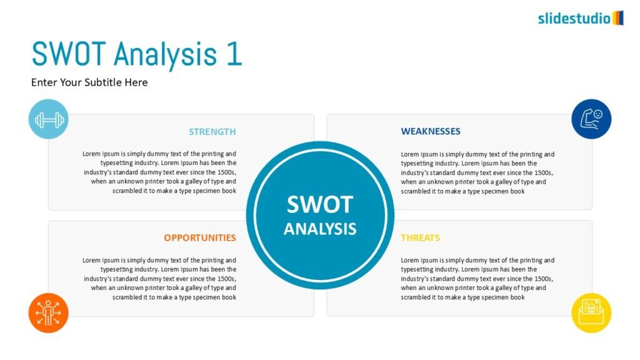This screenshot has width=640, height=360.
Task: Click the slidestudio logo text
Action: pyautogui.click(x=574, y=18)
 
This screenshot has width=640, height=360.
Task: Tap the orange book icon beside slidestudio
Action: pyautogui.click(x=618, y=18)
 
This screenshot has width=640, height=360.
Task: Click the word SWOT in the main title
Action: pyautogui.click(x=69, y=54)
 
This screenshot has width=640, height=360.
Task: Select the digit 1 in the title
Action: pyautogui.click(x=234, y=54)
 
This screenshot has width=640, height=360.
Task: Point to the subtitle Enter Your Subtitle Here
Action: pyautogui.click(x=89, y=82)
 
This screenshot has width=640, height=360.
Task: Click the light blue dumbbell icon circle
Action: pyautogui.click(x=49, y=119)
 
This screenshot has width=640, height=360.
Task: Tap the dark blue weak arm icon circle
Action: pyautogui.click(x=591, y=119)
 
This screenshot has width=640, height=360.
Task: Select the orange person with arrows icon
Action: pyautogui.click(x=49, y=313)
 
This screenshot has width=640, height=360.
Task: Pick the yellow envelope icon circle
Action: pyautogui.click(x=591, y=313)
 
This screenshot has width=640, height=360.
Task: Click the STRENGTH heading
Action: pyautogui.click(x=212, y=132)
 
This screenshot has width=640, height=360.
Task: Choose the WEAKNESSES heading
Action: pyautogui.click(x=431, y=131)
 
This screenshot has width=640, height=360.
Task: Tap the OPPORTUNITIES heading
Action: pyautogui.click(x=200, y=238)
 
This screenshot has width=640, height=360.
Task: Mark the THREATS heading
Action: pyautogui.click(x=421, y=238)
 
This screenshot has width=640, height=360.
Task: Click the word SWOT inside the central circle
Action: pyautogui.click(x=320, y=204)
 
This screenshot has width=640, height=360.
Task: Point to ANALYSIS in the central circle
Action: pyautogui.click(x=320, y=229)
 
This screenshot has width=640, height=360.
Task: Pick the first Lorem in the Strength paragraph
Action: pyautogui.click(x=91, y=154)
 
